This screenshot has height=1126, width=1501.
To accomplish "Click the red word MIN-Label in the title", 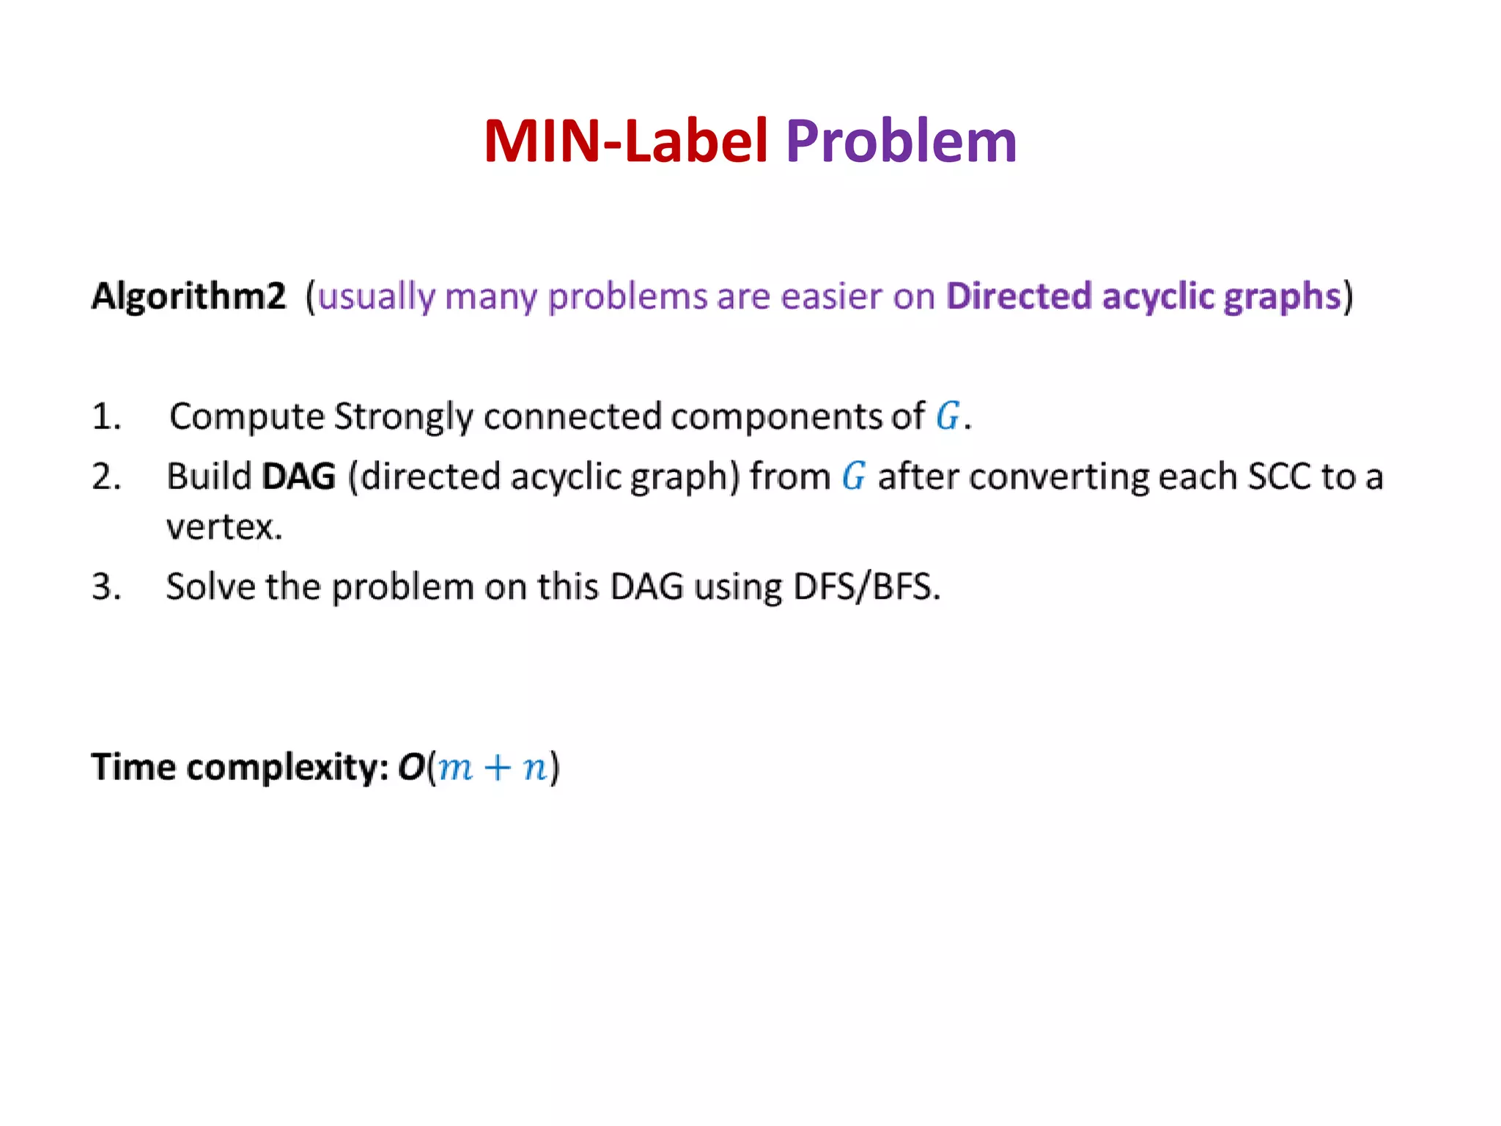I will (625, 141).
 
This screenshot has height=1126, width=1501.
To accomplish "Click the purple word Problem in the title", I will (901, 141).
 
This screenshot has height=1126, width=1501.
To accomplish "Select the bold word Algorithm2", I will (188, 297).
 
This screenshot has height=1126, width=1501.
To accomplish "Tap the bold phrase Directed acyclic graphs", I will (1143, 297).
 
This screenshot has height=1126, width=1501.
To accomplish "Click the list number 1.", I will (106, 417).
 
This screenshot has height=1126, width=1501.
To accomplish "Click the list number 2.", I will (106, 477).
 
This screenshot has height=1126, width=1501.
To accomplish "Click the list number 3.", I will (106, 587).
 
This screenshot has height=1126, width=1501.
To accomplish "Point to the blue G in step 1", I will (948, 416).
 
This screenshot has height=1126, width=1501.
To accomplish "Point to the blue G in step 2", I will (853, 477).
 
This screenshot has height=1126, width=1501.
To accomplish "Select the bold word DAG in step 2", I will (298, 477).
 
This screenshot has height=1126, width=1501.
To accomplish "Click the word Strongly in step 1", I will (404, 417).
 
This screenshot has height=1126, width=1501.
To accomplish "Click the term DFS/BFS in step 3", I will (866, 587).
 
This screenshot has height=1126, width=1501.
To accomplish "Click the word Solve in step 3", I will (210, 587).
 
